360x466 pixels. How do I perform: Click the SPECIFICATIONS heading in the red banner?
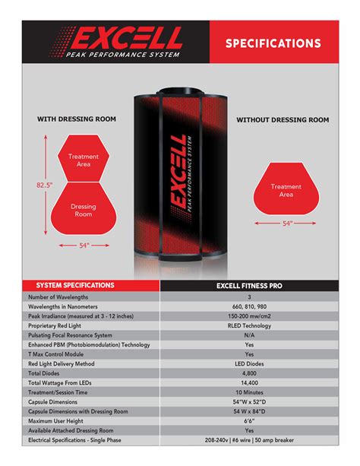273,43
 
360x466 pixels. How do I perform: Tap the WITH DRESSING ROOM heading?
77,119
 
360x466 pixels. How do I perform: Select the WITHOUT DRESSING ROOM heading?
283,120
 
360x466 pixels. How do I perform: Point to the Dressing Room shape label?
84,210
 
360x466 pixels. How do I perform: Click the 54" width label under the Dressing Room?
84,246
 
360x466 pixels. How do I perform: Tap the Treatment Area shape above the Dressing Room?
84,160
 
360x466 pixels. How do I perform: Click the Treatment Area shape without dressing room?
286,190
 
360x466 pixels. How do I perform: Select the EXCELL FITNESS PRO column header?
249,285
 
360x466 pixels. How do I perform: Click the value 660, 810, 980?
249,306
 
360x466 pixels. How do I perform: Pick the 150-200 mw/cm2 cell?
249,315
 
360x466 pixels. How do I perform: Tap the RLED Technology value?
249,325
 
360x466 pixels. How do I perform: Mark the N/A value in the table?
249,335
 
